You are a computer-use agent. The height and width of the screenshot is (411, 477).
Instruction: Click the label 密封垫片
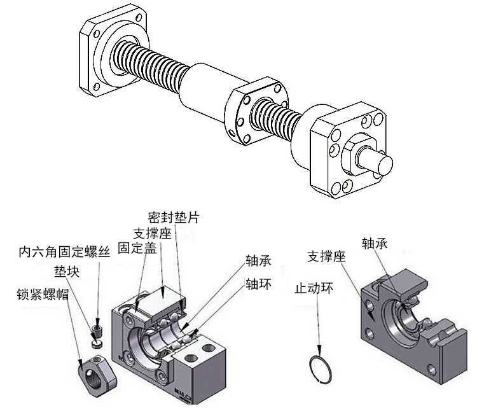point(174,217)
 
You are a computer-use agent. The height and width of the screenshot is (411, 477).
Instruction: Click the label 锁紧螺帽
point(42,294)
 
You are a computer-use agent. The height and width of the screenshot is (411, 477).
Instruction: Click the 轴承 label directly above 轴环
point(259,261)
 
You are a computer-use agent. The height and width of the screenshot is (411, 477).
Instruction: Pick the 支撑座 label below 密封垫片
point(153,233)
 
